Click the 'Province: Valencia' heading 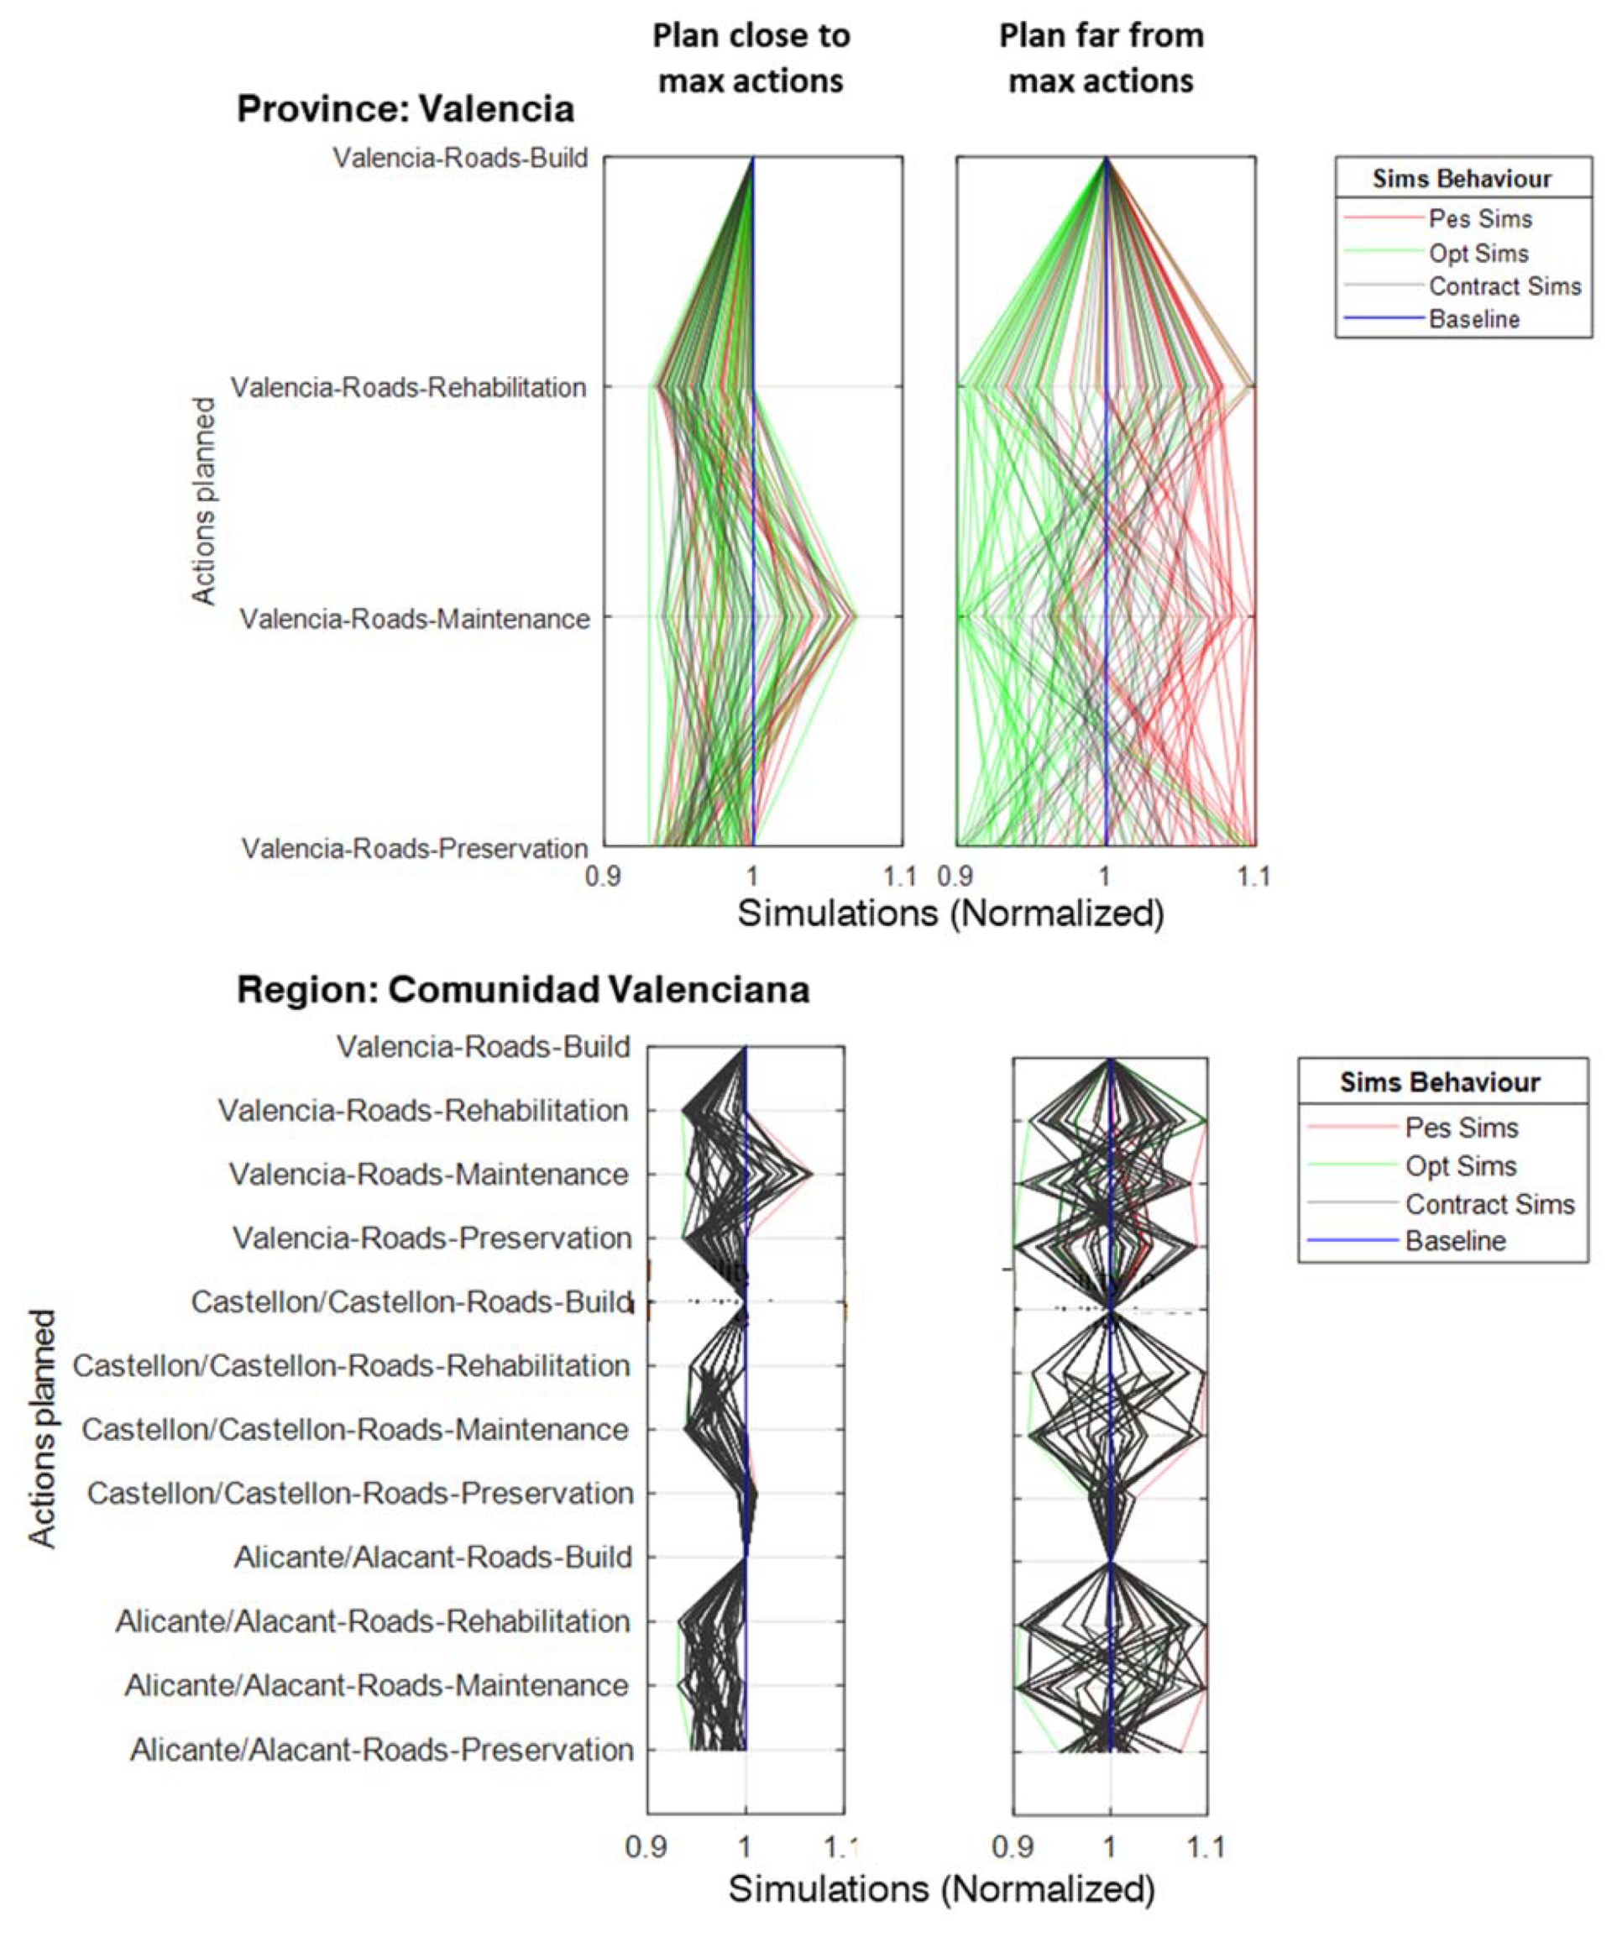click(405, 109)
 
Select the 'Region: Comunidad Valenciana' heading click(523, 990)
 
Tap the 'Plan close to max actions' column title click(751, 58)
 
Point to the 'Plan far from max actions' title click(1102, 58)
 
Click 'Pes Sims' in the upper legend click(1479, 219)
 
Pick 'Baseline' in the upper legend click(1474, 319)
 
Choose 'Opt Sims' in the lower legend click(1460, 1166)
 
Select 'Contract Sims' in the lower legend click(1489, 1204)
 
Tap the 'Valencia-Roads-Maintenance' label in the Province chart click(415, 619)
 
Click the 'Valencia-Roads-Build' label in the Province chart click(460, 158)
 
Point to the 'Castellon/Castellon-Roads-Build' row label click(411, 1301)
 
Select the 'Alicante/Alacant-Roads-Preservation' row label click(382, 1750)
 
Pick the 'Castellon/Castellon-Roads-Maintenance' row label click(355, 1430)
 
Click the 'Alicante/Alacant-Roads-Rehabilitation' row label click(373, 1620)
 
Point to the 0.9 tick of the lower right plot click(1012, 1846)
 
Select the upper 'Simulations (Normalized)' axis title click(951, 914)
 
